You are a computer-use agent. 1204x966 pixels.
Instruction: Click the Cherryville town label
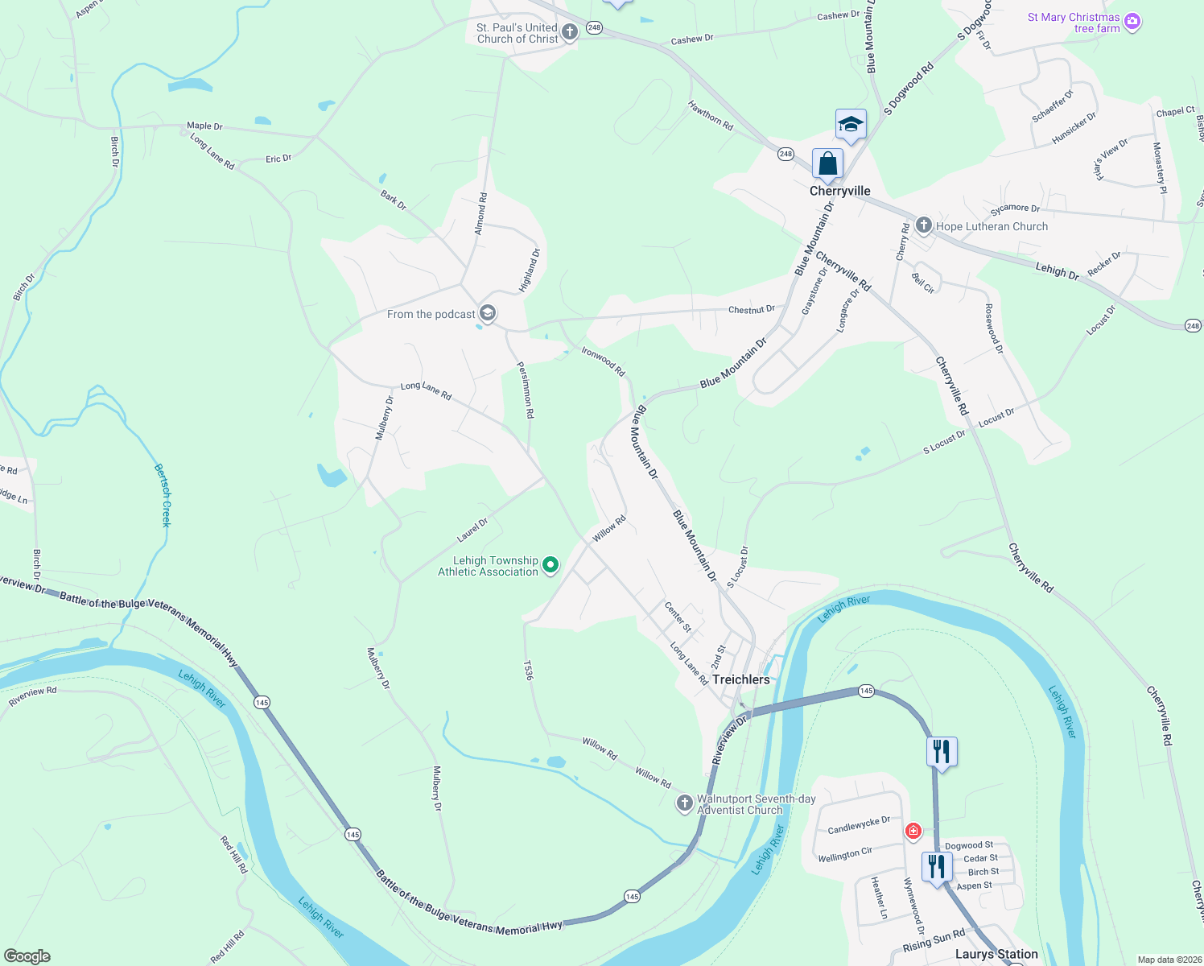pyautogui.click(x=839, y=191)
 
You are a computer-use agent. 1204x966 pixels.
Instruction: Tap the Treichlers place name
pyautogui.click(x=740, y=679)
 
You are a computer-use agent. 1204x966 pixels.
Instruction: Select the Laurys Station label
pyautogui.click(x=996, y=954)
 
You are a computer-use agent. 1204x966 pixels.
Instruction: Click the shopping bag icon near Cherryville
pyautogui.click(x=827, y=164)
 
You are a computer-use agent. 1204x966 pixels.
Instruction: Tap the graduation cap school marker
pyautogui.click(x=851, y=125)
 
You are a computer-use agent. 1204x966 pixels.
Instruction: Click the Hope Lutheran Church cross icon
pyautogui.click(x=924, y=226)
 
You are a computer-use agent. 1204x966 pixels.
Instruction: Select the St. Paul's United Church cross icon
pyautogui.click(x=570, y=33)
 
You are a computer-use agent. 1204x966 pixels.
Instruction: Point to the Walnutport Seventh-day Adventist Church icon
pyautogui.click(x=684, y=803)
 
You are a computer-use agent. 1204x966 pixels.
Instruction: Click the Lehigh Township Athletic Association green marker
pyautogui.click(x=550, y=566)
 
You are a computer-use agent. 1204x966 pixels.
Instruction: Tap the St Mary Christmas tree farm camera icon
pyautogui.click(x=1132, y=22)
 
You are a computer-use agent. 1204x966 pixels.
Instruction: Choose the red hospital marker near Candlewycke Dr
pyautogui.click(x=913, y=831)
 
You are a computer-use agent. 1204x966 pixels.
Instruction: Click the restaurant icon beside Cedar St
pyautogui.click(x=936, y=867)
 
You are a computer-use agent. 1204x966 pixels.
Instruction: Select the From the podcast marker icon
pyautogui.click(x=487, y=313)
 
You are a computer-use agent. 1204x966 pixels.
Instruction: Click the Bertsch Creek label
pyautogui.click(x=163, y=495)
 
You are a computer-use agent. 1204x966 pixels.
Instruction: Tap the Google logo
pyautogui.click(x=27, y=956)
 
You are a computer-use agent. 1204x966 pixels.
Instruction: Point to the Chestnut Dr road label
pyautogui.click(x=751, y=309)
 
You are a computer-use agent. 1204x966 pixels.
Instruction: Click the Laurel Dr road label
pyautogui.click(x=472, y=530)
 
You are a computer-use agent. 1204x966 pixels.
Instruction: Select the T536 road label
pyautogui.click(x=529, y=671)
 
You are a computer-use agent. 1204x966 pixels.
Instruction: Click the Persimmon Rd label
pyautogui.click(x=526, y=390)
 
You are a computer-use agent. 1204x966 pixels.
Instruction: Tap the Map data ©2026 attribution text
pyautogui.click(x=1166, y=960)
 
